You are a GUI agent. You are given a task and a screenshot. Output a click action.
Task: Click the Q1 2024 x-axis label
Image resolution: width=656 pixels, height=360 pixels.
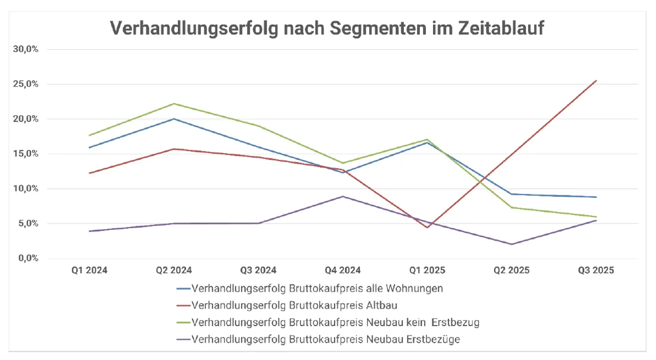(90, 270)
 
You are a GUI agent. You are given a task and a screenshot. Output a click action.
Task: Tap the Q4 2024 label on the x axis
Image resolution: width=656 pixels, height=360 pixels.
(343, 270)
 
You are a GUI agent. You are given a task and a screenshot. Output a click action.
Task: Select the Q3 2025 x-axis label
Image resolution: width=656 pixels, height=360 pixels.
(596, 270)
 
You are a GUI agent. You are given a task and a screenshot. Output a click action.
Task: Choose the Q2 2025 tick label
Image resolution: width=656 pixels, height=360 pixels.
(511, 270)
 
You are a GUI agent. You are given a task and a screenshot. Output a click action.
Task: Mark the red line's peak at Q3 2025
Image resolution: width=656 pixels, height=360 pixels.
(596, 81)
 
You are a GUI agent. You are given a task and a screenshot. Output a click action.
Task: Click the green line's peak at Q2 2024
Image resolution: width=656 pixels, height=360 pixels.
(174, 104)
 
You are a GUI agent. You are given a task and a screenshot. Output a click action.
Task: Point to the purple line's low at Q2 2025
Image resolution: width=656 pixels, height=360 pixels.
(511, 244)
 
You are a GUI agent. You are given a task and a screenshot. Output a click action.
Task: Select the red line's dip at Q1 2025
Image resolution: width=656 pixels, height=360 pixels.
(427, 228)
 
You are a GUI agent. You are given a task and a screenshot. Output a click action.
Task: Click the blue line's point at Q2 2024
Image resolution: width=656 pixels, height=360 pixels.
(174, 119)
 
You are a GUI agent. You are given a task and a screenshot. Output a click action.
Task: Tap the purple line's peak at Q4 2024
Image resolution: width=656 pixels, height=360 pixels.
(343, 196)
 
